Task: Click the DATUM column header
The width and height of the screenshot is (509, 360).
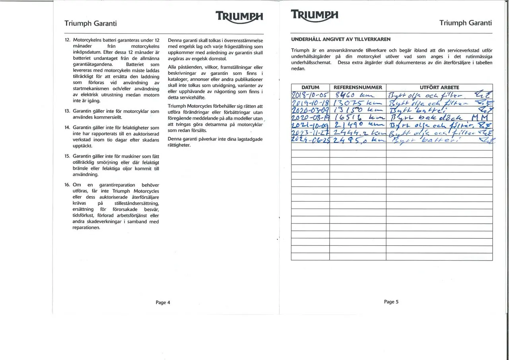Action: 310,88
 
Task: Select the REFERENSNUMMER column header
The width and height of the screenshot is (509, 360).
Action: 357,88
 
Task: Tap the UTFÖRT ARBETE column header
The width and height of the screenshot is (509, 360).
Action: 439,88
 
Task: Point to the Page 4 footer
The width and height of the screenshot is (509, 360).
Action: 163,302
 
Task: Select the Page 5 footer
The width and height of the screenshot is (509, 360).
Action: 391,302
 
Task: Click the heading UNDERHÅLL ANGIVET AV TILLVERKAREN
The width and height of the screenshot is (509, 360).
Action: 341,39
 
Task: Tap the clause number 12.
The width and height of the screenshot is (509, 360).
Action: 67,41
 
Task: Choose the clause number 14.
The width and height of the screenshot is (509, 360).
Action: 67,128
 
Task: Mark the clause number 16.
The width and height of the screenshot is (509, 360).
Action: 67,185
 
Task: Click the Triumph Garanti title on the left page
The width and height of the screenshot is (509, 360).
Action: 91,23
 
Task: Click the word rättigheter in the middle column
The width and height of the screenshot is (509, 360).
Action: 179,145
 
